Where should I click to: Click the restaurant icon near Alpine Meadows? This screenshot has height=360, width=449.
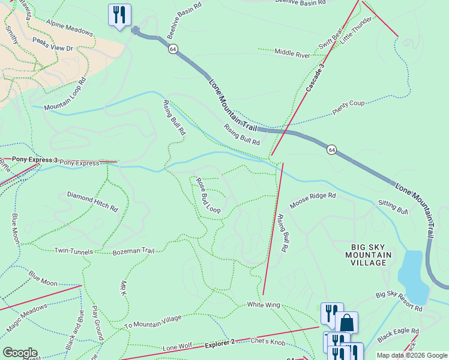tap(119, 14)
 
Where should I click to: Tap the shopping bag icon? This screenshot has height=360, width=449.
tap(346, 322)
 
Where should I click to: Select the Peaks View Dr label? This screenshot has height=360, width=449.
tap(52, 44)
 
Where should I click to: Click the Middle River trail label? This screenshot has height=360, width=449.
tap(292, 54)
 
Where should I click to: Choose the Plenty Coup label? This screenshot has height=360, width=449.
tap(348, 104)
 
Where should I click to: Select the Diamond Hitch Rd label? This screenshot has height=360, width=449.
tap(92, 202)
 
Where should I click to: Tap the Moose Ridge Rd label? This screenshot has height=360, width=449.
tap(313, 200)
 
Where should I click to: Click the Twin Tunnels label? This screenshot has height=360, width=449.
tap(74, 251)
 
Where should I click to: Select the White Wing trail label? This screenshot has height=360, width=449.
tap(264, 305)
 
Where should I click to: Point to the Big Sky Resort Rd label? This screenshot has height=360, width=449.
tap(399, 301)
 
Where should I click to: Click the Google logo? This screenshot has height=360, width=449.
tap(20, 353)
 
